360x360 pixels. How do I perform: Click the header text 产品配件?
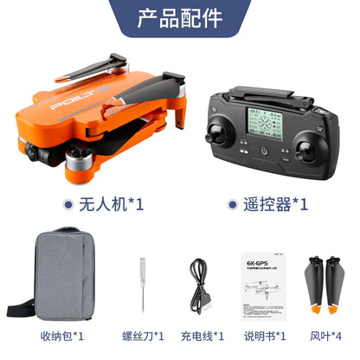[x=180, y=18]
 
